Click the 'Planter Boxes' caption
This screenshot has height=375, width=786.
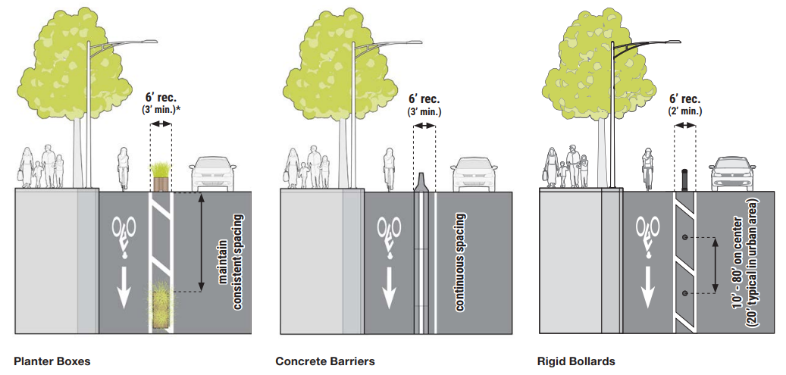(x=52, y=361)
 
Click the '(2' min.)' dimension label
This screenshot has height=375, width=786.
(x=684, y=111)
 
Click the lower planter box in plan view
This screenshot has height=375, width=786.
(x=161, y=306)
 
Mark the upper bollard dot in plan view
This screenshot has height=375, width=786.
(x=684, y=239)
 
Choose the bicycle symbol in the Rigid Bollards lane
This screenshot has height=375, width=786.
(x=648, y=232)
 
